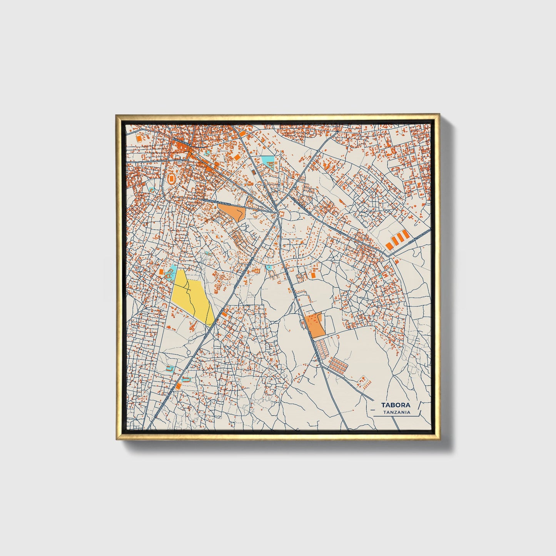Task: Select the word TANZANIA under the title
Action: [x=396, y=412]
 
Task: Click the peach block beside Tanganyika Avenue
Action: [x=232, y=211]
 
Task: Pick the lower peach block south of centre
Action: [x=315, y=326]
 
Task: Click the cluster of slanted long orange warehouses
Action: [x=397, y=239]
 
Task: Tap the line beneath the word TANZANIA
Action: [x=396, y=416]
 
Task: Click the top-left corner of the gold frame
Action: [x=117, y=115]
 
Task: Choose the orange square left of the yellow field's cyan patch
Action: [x=161, y=272]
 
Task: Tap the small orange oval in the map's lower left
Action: [x=179, y=385]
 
